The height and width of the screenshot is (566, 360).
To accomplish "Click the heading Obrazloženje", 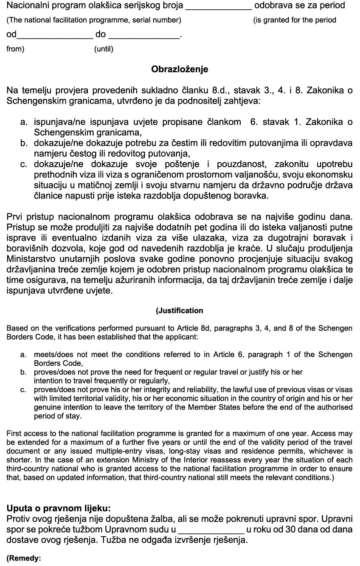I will (x=180, y=69).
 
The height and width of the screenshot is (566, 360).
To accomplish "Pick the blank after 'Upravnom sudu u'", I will (x=211, y=530).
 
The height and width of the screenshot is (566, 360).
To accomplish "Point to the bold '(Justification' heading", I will (x=180, y=311).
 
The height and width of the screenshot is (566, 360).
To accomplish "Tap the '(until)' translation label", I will (x=104, y=49).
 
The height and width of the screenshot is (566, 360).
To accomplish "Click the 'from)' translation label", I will (x=16, y=49).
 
